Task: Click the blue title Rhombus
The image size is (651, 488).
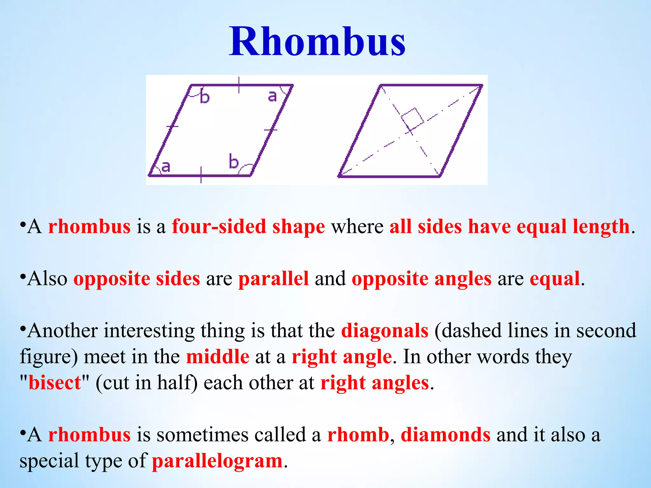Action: (317, 42)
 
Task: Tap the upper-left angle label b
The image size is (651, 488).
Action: (205, 97)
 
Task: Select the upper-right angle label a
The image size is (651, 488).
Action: (272, 96)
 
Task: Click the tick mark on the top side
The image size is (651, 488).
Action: (239, 85)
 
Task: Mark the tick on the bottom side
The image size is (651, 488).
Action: (201, 175)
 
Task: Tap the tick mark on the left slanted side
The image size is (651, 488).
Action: (172, 126)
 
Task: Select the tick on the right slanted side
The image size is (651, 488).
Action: (271, 130)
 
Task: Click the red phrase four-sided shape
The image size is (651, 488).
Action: (248, 227)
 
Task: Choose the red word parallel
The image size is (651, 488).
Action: (273, 279)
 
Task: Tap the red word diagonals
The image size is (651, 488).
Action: (385, 331)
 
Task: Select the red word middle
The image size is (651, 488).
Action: (218, 357)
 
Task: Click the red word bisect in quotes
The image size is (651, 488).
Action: (55, 383)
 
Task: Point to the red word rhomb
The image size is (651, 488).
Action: (358, 435)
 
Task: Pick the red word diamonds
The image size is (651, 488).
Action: (445, 435)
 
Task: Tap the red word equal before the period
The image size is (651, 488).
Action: (555, 279)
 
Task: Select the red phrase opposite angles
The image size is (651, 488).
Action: (421, 279)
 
